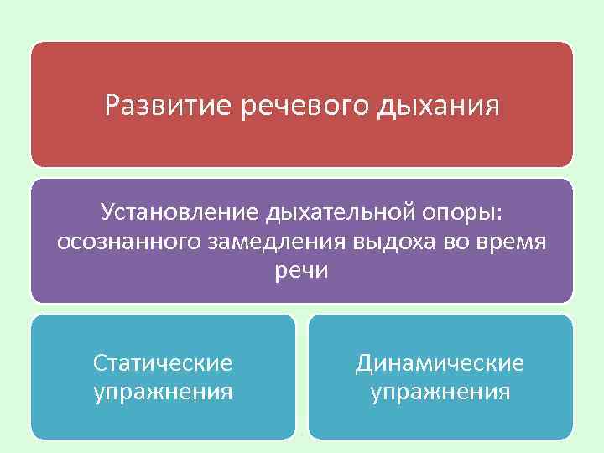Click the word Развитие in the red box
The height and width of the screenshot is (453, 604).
(x=169, y=107)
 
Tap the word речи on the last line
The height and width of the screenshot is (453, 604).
(x=302, y=270)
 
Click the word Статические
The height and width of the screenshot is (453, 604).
(x=163, y=363)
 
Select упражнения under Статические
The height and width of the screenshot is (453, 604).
(x=163, y=392)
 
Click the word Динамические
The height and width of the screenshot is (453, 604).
(x=440, y=363)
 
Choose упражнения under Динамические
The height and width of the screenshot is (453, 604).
(x=440, y=392)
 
